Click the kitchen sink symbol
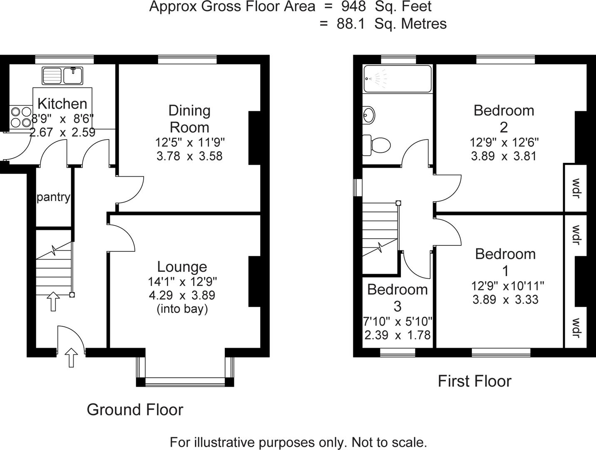[x=62, y=76]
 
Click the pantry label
[x=53, y=197]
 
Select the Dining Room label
[x=189, y=119]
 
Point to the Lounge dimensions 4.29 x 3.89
[x=182, y=295]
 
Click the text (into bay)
[x=182, y=309]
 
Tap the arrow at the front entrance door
[x=72, y=357]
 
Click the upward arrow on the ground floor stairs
[x=53, y=301]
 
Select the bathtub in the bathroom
[x=397, y=78]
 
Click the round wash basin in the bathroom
[x=368, y=115]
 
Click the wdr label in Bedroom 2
[x=576, y=188]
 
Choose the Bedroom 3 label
[x=397, y=297]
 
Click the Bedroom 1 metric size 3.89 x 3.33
[x=505, y=300]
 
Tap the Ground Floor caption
[x=135, y=410]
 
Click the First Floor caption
[x=474, y=381]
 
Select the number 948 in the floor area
[x=353, y=7]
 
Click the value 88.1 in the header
[x=350, y=24]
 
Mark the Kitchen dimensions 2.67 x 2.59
[x=62, y=132]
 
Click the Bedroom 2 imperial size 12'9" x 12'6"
[x=504, y=142]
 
